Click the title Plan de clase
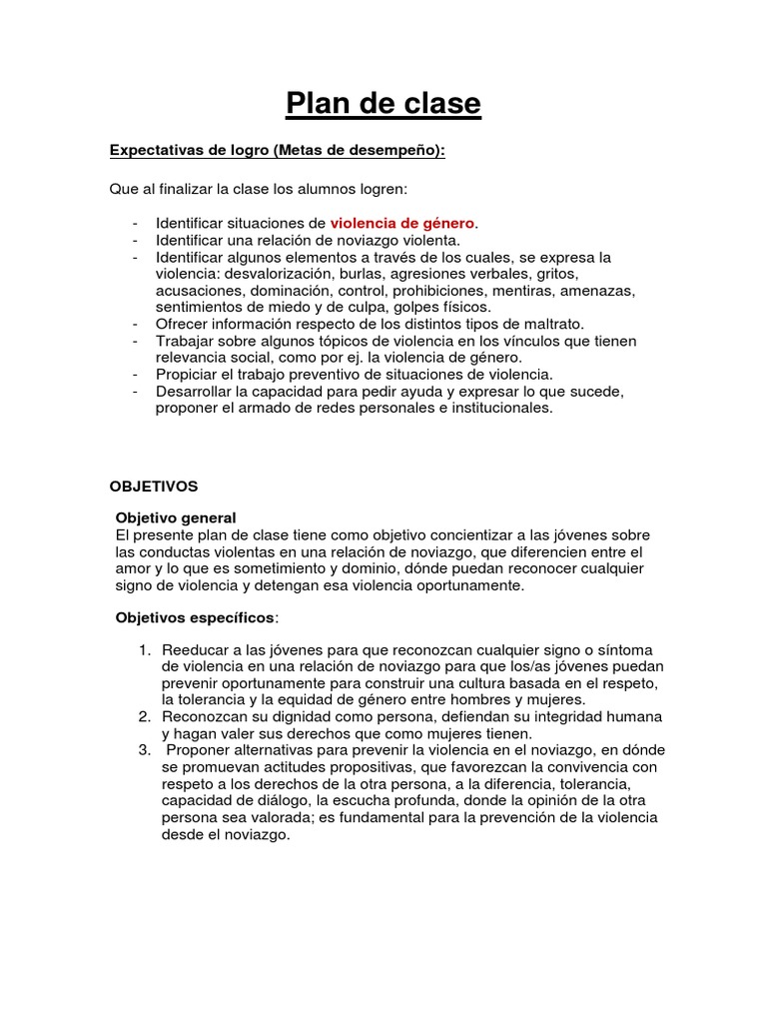point(383,103)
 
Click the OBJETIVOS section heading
point(154,487)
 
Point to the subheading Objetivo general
point(177,518)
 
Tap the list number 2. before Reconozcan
point(145,718)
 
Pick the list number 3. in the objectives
point(145,750)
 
